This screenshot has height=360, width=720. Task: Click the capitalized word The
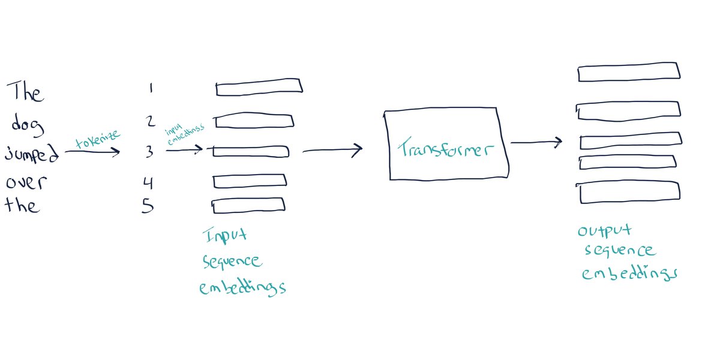[25, 93]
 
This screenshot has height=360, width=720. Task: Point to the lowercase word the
[23, 206]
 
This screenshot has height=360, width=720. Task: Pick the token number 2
[151, 122]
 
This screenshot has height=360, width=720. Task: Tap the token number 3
[149, 152]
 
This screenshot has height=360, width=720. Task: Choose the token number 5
[148, 207]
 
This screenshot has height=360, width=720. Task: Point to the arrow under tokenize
[92, 152]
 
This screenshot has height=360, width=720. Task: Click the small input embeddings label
[185, 133]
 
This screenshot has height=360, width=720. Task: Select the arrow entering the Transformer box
[333, 150]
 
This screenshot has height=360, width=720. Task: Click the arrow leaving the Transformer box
[536, 143]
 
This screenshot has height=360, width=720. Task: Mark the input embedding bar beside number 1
[259, 88]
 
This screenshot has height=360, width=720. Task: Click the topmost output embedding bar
[629, 72]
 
